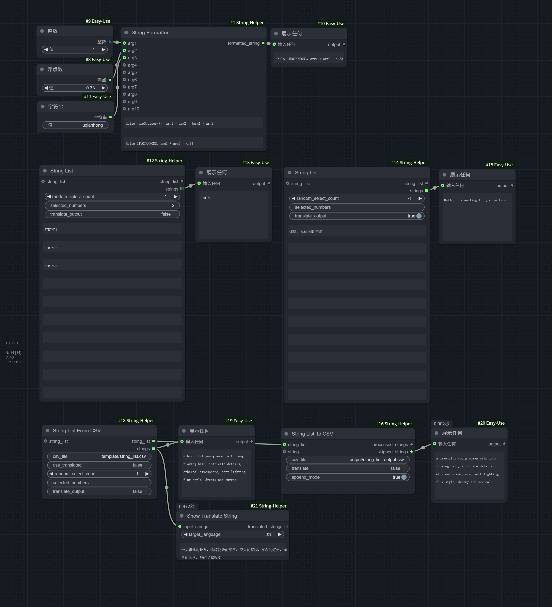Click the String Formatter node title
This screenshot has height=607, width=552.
click(x=150, y=32)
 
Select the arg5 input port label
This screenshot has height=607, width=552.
click(x=132, y=72)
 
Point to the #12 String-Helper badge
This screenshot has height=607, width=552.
click(x=164, y=161)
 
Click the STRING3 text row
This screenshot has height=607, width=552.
click(x=112, y=266)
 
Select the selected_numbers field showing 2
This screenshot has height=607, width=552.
click(x=112, y=205)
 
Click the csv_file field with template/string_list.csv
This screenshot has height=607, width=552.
click(x=99, y=456)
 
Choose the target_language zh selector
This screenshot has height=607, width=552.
click(x=233, y=534)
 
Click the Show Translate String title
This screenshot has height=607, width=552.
click(x=212, y=516)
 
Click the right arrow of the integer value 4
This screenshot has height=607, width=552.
click(x=103, y=49)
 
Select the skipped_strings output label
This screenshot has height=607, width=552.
click(x=393, y=452)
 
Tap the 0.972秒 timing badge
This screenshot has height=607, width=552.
click(x=187, y=506)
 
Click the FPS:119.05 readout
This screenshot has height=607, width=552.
click(x=15, y=362)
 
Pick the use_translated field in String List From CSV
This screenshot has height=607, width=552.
click(x=99, y=465)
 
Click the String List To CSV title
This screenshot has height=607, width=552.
click(x=312, y=434)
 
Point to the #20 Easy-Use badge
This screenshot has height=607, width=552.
click(x=491, y=423)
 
